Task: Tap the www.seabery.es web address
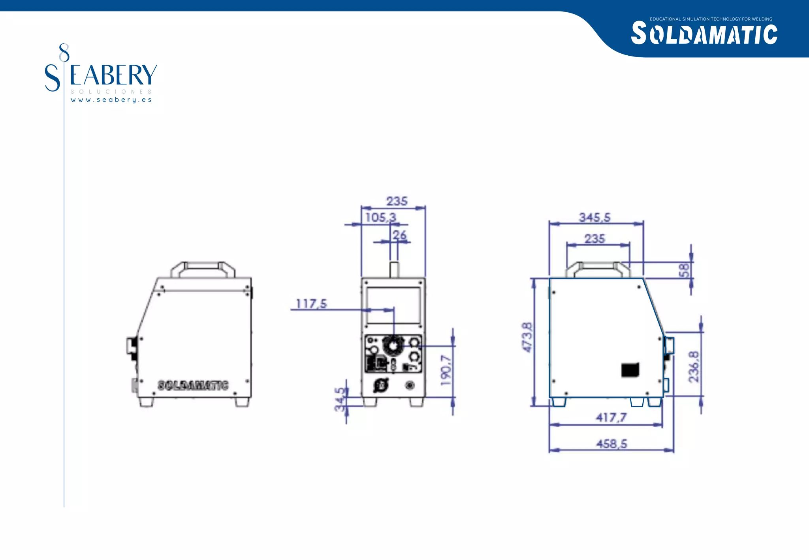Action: (111, 100)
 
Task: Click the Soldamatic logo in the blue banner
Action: (704, 34)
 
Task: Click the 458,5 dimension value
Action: (611, 443)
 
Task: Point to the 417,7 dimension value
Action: (611, 417)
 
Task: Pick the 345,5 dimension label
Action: (595, 217)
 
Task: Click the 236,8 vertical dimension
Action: (694, 366)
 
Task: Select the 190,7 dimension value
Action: (446, 370)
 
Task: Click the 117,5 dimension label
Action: (311, 304)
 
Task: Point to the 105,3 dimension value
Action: (380, 217)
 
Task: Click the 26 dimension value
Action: (399, 235)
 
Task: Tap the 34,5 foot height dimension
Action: (340, 399)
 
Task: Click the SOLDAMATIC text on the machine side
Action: (193, 385)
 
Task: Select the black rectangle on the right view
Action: (630, 370)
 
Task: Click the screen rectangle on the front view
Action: (393, 306)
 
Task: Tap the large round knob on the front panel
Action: (393, 346)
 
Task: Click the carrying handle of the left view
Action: (203, 266)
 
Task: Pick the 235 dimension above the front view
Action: (397, 201)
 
